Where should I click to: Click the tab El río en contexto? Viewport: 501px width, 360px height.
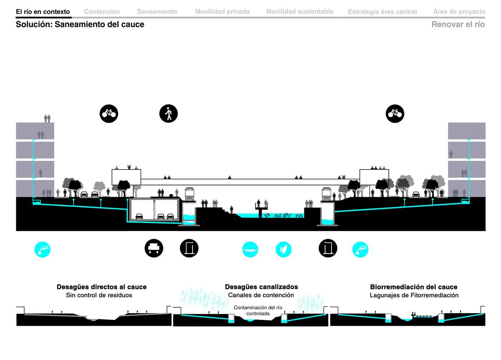click(x=43, y=12)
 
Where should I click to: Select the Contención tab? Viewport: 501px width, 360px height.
click(x=102, y=12)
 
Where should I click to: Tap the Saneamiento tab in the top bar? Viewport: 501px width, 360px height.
click(x=157, y=12)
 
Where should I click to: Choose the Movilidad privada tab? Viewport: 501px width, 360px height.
click(x=222, y=12)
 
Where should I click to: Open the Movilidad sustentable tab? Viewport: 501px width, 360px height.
click(x=299, y=12)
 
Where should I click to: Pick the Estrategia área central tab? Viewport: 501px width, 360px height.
click(x=382, y=12)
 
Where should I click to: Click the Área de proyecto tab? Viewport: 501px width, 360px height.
click(x=459, y=11)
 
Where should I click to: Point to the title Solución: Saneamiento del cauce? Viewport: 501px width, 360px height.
click(x=80, y=24)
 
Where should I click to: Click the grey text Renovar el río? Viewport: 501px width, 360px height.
click(x=458, y=24)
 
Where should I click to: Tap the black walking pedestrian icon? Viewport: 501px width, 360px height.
click(x=168, y=114)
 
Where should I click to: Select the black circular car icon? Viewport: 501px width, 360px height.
click(x=154, y=248)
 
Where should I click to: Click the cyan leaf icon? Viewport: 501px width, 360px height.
click(x=283, y=249)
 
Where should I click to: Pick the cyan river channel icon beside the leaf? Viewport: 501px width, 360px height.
click(x=250, y=249)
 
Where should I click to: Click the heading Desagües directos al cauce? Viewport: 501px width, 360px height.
click(x=101, y=287)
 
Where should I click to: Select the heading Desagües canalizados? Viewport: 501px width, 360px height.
click(x=261, y=287)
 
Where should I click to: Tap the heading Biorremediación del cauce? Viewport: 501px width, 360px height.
click(x=414, y=287)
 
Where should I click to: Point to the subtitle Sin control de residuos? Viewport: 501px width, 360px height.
click(x=99, y=295)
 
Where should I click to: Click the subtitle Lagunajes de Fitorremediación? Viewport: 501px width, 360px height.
click(x=414, y=295)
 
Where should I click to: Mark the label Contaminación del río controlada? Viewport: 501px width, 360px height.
click(x=258, y=311)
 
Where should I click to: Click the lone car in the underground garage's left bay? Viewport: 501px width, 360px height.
click(x=139, y=216)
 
